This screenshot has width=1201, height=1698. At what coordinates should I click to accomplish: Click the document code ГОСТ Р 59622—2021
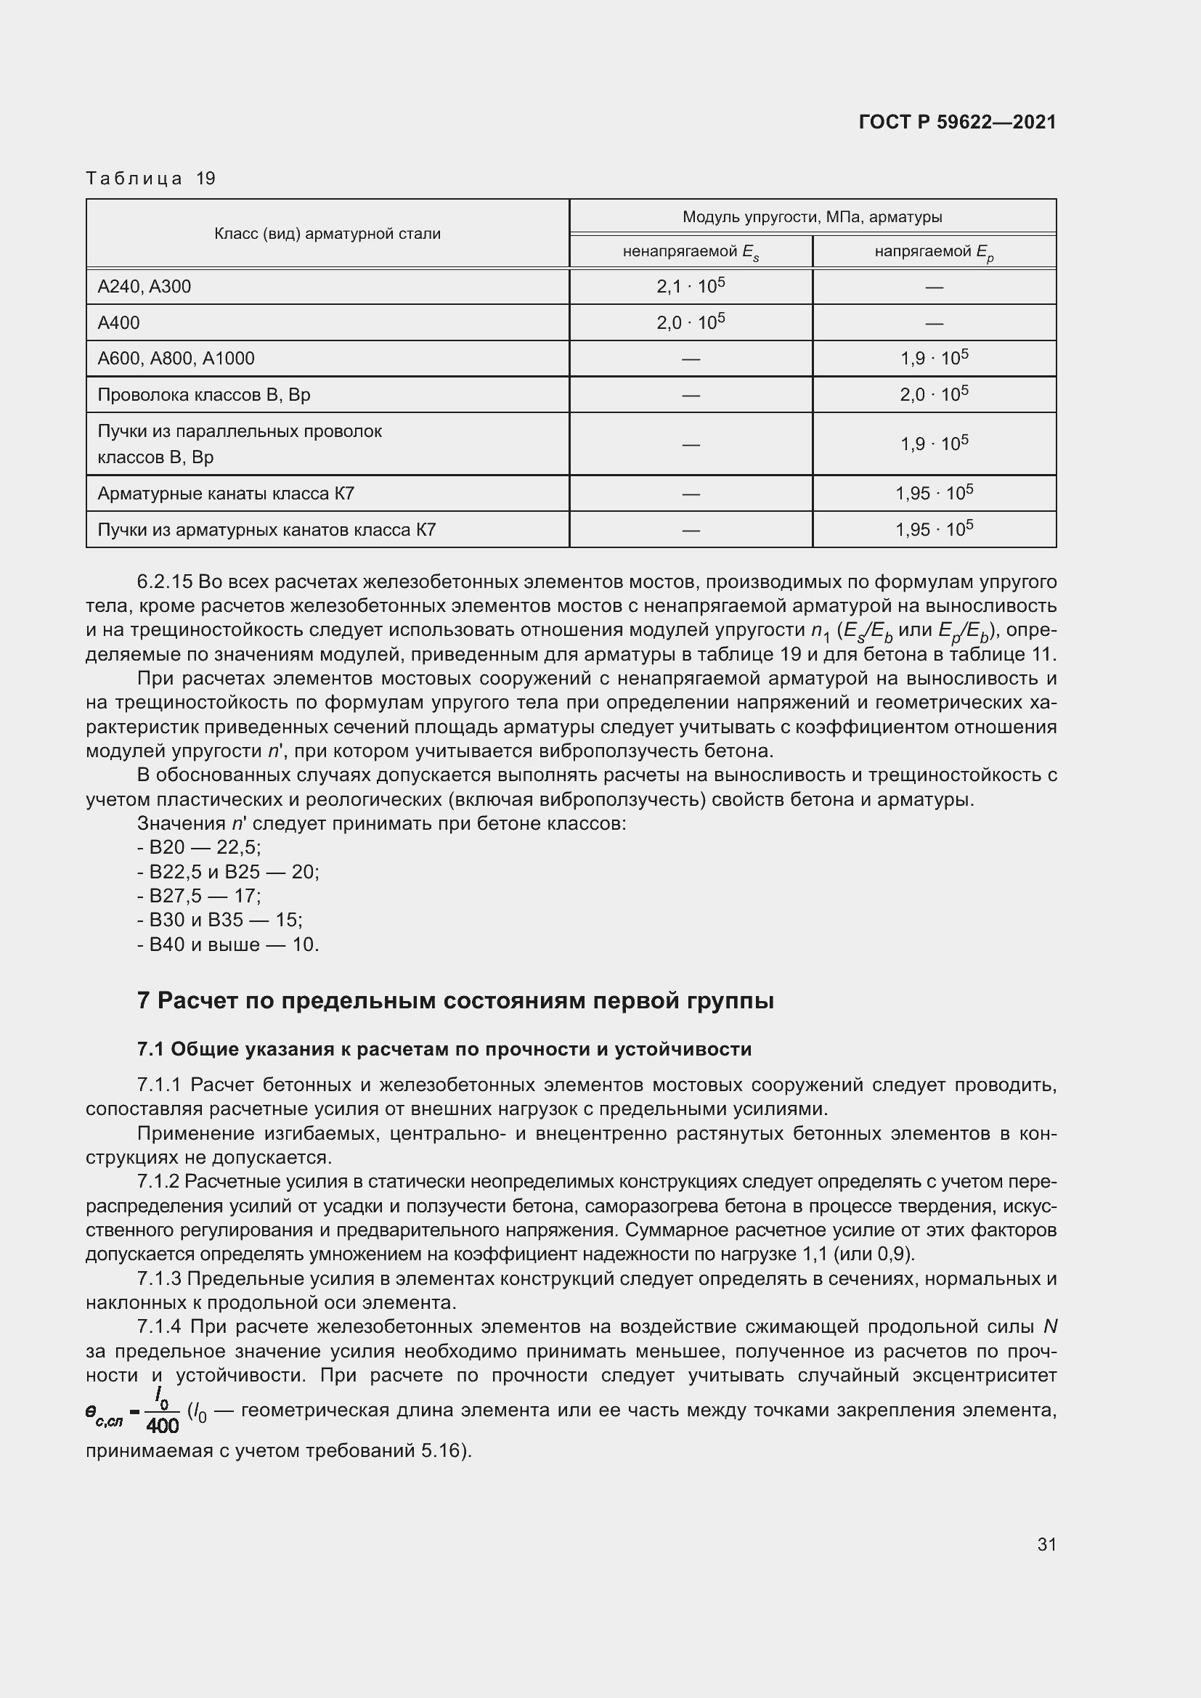tap(957, 122)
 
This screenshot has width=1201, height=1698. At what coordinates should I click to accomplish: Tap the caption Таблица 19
tap(150, 179)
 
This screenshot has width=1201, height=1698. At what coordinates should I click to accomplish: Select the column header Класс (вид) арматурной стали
tap(327, 234)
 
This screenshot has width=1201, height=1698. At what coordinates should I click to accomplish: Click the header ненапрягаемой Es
tap(690, 252)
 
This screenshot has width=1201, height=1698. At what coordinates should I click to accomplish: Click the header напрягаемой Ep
tap(933, 252)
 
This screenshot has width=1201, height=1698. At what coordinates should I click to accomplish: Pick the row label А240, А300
tap(144, 286)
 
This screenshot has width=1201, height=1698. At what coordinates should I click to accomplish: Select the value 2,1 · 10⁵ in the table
tap(690, 285)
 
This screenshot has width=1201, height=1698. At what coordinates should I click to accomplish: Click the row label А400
tap(118, 322)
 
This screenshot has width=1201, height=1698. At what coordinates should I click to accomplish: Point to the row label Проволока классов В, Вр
tap(203, 394)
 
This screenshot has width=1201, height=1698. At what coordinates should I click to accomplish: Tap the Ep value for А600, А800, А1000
tap(933, 358)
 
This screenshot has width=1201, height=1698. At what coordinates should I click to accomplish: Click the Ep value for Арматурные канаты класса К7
tap(933, 492)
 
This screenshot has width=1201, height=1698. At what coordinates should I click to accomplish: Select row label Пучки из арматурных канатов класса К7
tap(266, 529)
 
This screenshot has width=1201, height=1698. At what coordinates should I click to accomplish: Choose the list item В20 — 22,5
tap(199, 846)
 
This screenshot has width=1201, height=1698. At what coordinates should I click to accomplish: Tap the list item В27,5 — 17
tap(199, 896)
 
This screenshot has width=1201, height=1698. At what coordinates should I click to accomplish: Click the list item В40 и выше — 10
tap(228, 944)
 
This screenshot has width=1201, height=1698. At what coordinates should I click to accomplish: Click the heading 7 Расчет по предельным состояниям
tap(455, 1000)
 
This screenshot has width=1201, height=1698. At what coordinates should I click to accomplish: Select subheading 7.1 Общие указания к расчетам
tap(444, 1049)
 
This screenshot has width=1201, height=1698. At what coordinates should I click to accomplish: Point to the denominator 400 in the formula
tap(163, 1426)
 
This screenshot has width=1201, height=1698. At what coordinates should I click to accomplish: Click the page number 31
tap(1046, 1544)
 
